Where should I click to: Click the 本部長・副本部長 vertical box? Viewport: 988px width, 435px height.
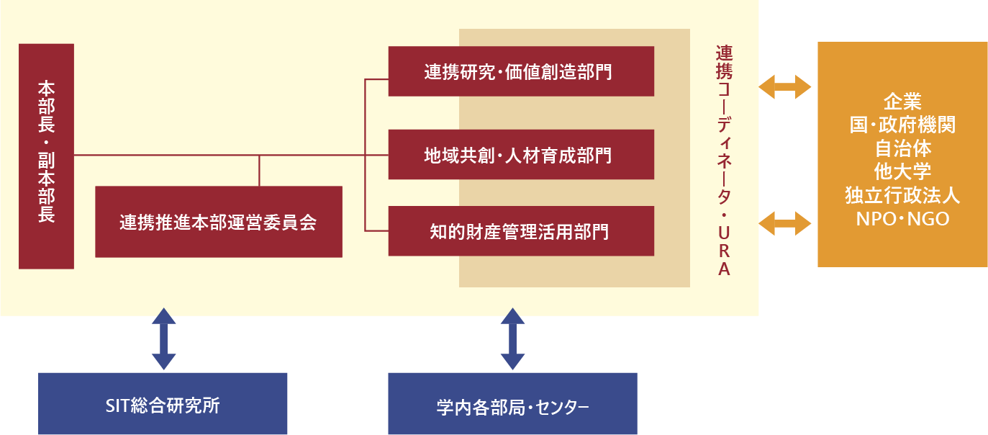46,156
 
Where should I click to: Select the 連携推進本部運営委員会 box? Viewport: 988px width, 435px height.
218,222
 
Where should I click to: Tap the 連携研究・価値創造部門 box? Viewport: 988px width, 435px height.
521,71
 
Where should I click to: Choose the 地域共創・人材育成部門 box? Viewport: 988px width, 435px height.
521,155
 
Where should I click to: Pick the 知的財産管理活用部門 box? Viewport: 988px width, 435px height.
521,231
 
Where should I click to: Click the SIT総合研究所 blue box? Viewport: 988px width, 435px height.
163,404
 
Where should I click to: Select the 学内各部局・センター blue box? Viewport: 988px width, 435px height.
512,404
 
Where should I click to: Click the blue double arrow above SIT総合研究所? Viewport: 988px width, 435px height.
163,338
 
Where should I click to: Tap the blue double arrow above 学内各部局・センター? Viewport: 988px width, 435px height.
512,338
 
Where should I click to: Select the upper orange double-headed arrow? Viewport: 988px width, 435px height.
785,87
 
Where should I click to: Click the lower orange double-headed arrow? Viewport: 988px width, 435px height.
785,223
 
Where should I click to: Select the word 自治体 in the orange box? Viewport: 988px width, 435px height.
902,149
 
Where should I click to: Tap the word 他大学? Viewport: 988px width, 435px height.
902,172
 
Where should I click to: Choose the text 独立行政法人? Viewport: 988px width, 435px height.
902,196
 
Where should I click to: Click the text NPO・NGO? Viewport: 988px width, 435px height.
902,219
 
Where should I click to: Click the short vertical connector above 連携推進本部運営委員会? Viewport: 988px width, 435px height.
259,171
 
